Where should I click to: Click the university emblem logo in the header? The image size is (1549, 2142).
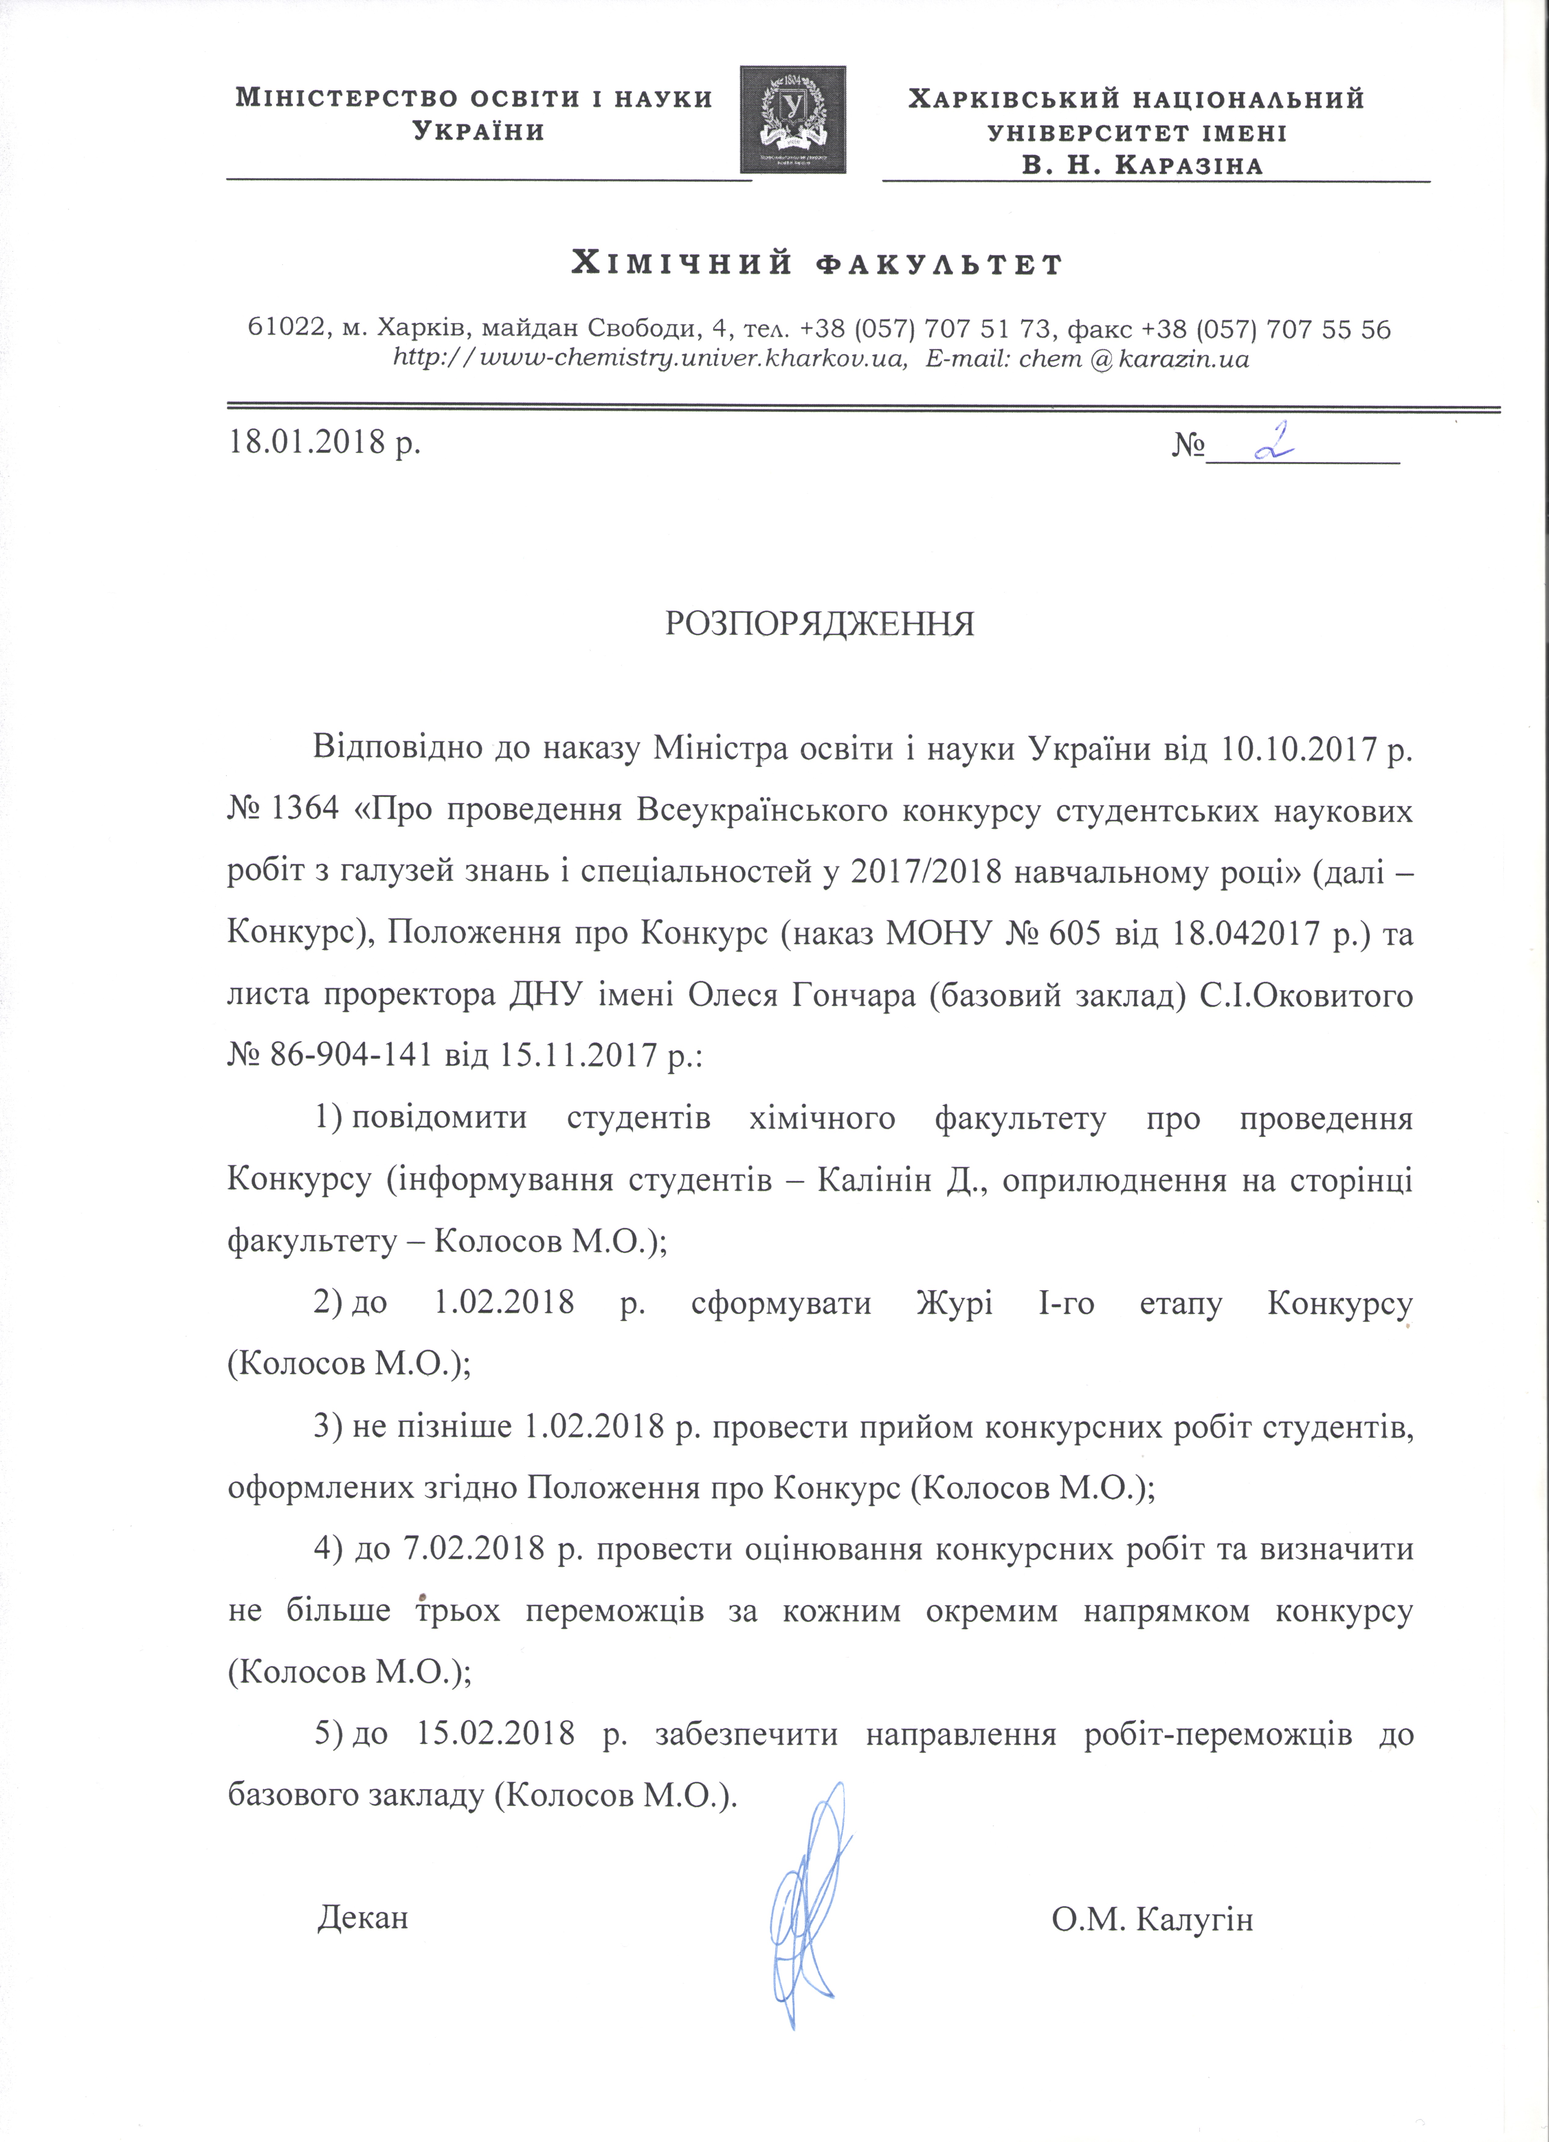793,119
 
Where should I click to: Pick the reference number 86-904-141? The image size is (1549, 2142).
343,1054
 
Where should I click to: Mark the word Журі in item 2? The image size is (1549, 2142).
954,1303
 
